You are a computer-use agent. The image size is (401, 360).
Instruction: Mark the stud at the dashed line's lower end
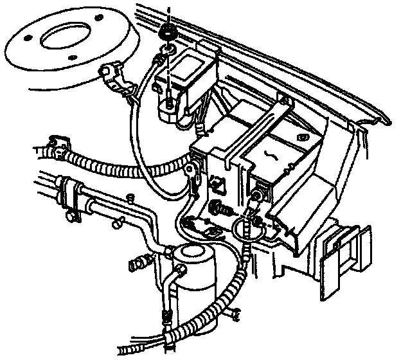[167, 103]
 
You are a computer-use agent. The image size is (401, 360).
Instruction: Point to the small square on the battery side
[218, 183]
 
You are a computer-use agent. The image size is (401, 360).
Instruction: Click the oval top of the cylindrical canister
[192, 254]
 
